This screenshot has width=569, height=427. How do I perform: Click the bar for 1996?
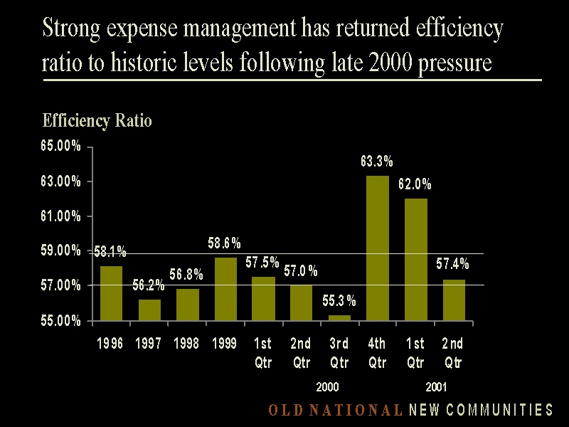(110, 293)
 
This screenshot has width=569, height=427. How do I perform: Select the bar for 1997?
(149, 310)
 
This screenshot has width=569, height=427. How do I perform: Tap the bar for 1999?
(225, 289)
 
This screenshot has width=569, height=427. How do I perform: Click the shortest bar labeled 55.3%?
(339, 317)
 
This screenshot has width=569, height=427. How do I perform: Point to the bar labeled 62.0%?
(415, 259)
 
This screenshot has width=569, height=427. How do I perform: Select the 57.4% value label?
(452, 264)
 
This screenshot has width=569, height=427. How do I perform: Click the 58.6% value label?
(224, 243)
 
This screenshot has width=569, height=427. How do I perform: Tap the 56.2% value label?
(149, 285)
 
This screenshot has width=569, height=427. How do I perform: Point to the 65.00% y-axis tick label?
(60, 147)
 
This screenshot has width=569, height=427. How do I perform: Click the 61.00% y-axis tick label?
(60, 216)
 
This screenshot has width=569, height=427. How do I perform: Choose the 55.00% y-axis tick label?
(60, 321)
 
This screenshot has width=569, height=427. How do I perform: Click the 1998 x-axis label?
(187, 344)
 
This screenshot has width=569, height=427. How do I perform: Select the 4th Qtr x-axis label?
(377, 353)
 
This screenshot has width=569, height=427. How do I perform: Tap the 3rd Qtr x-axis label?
(339, 353)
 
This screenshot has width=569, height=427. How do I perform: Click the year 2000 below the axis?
(327, 388)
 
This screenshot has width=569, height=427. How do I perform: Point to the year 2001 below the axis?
(436, 388)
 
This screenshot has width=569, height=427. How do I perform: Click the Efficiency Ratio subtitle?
(97, 120)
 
